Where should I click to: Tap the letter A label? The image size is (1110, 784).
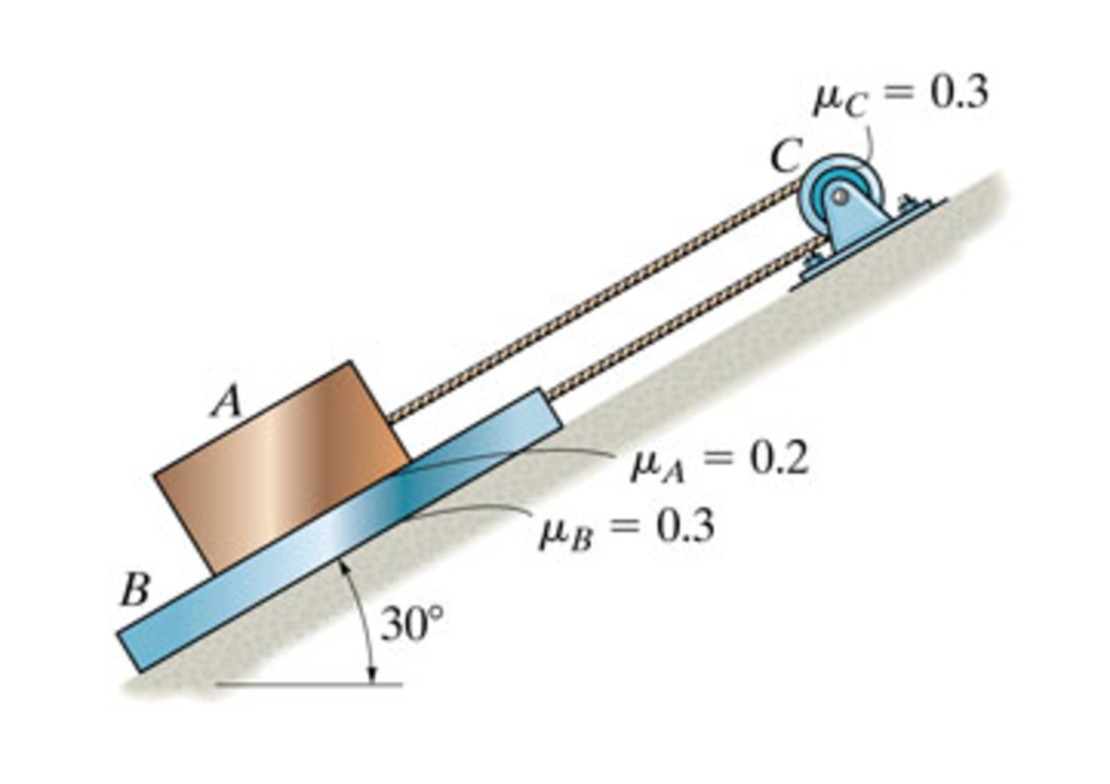pos(227,402)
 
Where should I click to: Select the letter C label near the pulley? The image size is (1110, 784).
pos(786,155)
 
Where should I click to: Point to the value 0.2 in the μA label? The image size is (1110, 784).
pos(779,459)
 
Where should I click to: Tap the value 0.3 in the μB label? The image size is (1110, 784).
pos(685,526)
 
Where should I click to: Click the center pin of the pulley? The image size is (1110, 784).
pos(840,196)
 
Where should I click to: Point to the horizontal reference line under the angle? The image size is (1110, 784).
pos(309,685)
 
